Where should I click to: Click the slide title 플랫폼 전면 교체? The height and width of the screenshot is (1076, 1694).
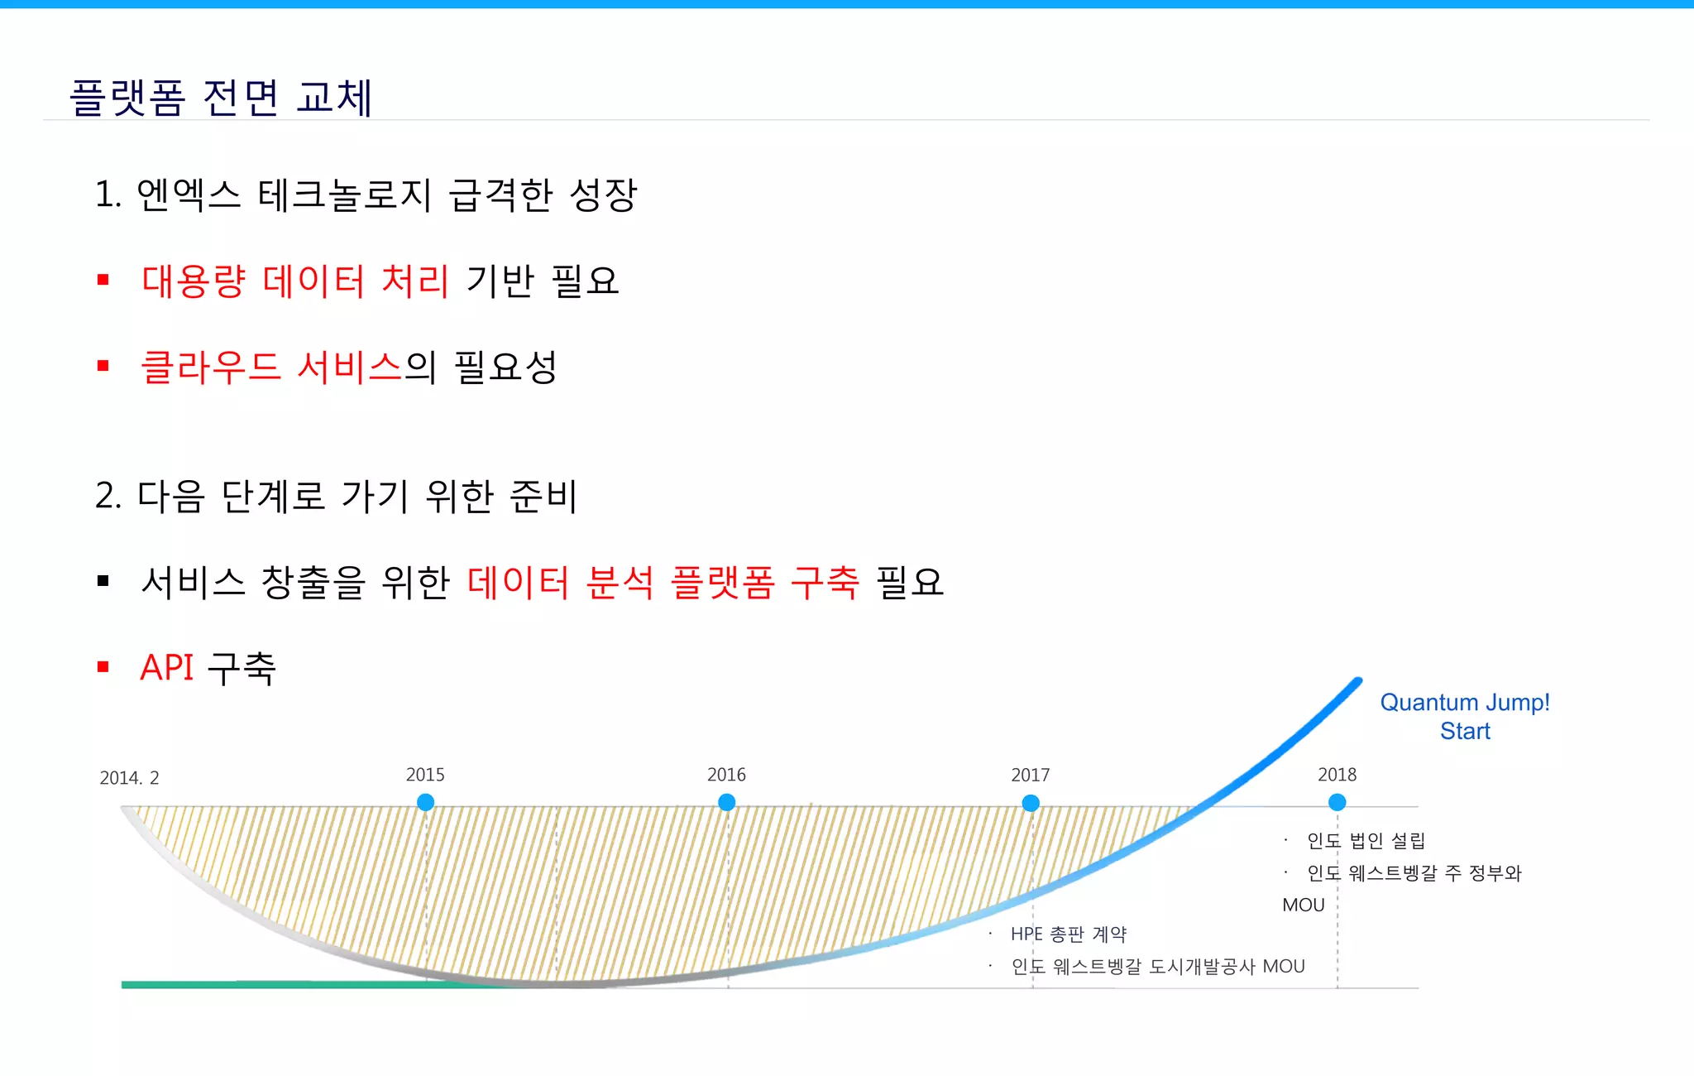221,98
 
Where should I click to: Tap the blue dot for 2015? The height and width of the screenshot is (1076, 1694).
425,802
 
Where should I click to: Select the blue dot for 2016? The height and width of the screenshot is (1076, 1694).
727,802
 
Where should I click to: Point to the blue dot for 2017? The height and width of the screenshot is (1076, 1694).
1031,803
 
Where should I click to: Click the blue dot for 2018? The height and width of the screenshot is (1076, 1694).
1337,802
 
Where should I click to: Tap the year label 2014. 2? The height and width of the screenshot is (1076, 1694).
129,778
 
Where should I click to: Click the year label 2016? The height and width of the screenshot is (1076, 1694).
726,775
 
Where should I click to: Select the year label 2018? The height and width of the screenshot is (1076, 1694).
1337,775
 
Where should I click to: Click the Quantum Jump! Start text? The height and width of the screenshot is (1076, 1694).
1465,717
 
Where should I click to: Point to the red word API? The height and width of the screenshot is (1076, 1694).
167,667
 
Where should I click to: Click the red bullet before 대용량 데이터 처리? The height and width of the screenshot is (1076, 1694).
103,281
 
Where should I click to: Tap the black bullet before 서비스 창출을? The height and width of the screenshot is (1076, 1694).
103,581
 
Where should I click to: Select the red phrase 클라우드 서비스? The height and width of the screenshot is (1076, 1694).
271,367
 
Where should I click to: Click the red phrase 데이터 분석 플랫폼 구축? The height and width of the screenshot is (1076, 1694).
663,582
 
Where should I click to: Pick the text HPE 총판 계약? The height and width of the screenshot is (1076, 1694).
1069,934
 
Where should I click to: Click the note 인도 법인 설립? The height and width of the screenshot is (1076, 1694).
1366,841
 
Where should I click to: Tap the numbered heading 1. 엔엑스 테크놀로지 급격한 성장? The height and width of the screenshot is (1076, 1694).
366,195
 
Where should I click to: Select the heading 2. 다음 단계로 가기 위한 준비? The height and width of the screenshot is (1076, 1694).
336,496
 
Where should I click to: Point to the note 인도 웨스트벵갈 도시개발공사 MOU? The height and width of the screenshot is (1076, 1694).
1158,967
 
